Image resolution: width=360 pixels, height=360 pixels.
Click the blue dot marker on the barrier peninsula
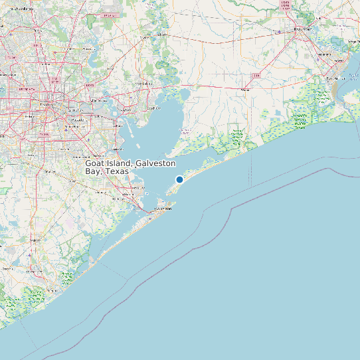pyautogui.click(x=179, y=179)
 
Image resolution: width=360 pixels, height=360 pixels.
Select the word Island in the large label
pyautogui.click(x=120, y=163)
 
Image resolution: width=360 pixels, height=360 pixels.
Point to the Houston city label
pyautogui.click(x=47, y=104)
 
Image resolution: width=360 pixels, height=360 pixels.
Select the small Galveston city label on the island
pyautogui.click(x=163, y=209)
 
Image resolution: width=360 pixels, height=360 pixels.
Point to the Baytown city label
pyautogui.click(x=153, y=108)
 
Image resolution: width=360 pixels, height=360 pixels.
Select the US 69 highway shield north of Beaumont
pyautogui.click(x=286, y=5)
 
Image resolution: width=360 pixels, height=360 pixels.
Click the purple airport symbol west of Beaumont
pyautogui.click(x=279, y=31)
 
